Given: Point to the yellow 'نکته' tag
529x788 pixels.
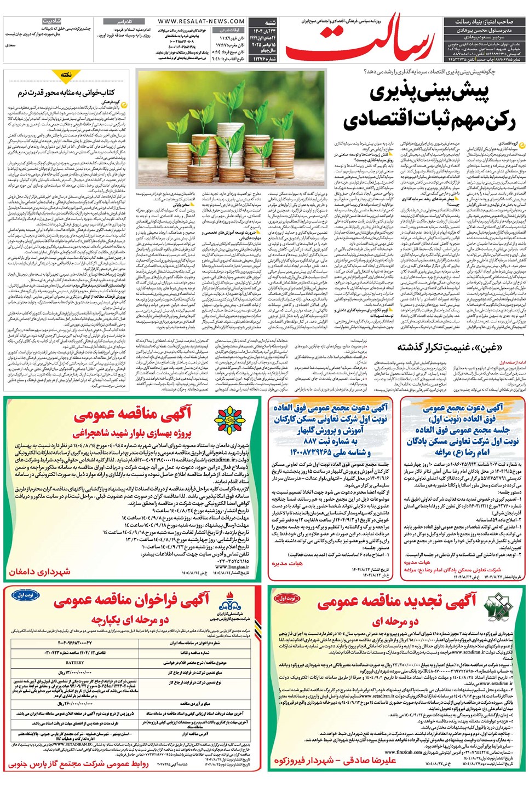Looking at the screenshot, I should (x=66, y=74).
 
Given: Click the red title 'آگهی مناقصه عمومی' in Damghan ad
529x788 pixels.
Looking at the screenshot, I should (x=133, y=414).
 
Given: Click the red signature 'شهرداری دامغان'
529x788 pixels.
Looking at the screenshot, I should (x=39, y=571).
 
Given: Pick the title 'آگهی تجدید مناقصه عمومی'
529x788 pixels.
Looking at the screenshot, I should (x=397, y=601).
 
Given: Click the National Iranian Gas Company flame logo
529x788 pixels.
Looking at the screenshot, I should (x=229, y=604).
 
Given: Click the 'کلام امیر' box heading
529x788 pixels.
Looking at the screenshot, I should (x=122, y=21).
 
